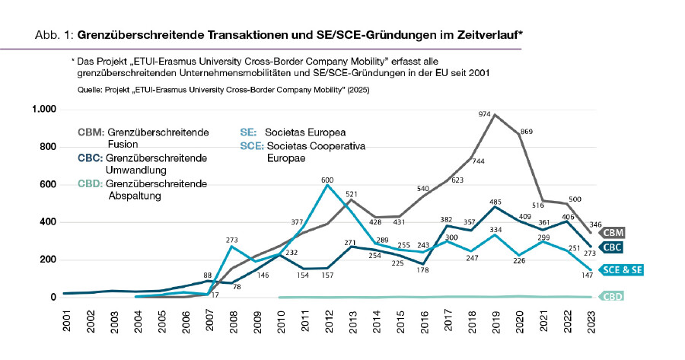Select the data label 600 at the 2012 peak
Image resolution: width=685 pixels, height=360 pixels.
pyautogui.click(x=327, y=180)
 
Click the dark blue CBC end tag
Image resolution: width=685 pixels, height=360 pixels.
pyautogui.click(x=610, y=247)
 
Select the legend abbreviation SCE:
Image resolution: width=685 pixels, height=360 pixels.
pyautogui.click(x=251, y=145)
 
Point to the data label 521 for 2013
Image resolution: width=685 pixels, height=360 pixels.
pyautogui.click(x=352, y=194)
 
